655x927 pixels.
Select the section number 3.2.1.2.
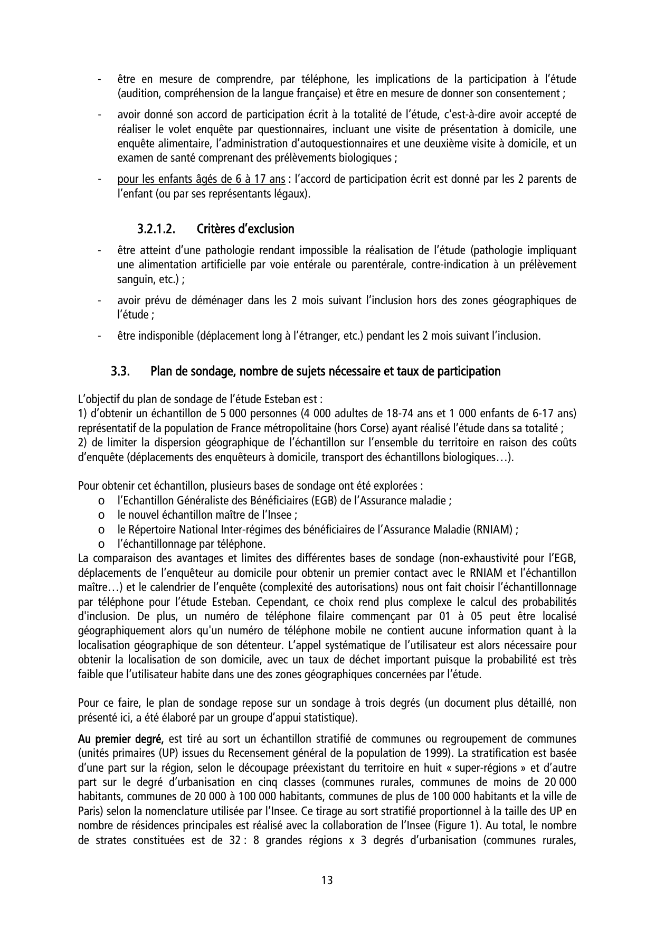pyautogui.click(x=156, y=229)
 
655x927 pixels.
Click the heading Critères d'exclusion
pyautogui.click(x=245, y=229)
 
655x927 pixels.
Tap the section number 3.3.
pyautogui.click(x=120, y=371)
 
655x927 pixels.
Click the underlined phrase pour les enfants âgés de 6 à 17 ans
pyautogui.click(x=201, y=180)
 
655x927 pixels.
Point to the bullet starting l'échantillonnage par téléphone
pyautogui.click(x=191, y=544)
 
